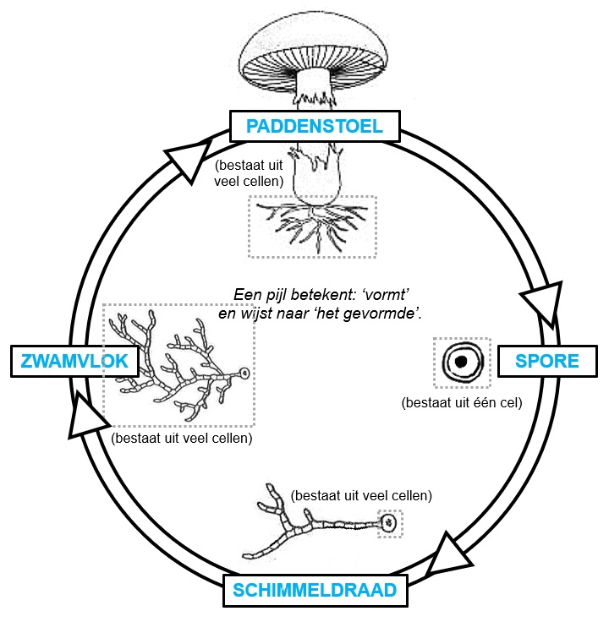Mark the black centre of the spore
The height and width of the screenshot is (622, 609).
[x=462, y=362]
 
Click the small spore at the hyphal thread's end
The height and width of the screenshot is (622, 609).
[x=389, y=524]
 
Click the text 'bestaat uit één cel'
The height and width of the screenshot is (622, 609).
[x=461, y=402]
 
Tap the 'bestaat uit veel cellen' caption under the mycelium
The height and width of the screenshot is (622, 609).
[x=182, y=439]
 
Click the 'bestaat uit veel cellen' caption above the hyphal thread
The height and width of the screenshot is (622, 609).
[x=361, y=494]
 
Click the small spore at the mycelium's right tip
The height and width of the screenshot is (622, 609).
[x=244, y=372]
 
